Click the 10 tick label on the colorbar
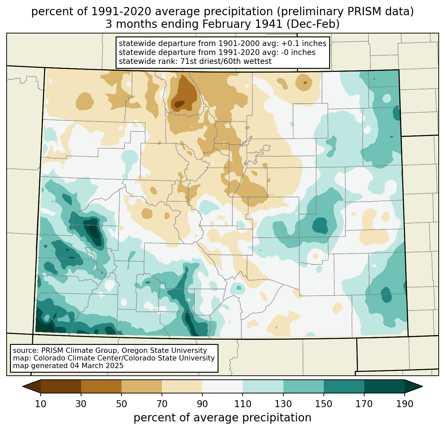point(41,404)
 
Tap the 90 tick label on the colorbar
point(202,404)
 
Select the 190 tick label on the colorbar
point(405,404)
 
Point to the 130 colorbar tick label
point(283,404)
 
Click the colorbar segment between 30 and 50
point(101,386)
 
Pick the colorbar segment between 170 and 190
point(384,386)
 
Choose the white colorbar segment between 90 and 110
point(222,386)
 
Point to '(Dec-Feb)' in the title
point(313,24)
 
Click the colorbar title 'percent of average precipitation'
point(222,418)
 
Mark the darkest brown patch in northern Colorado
point(180,104)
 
